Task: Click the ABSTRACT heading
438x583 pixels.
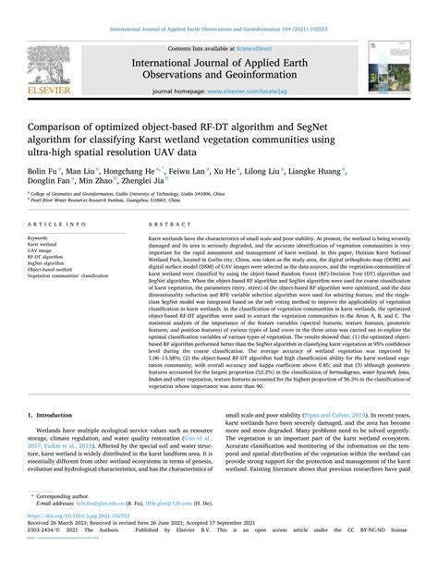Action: pyautogui.click(x=162, y=225)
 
